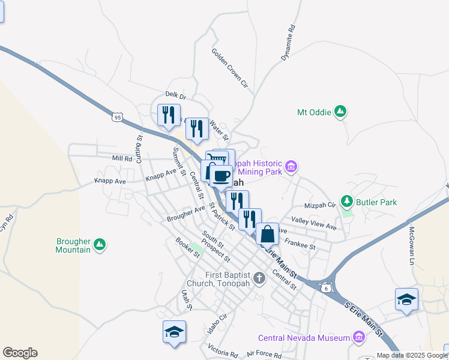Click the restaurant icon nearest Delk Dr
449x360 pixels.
(x=169, y=114)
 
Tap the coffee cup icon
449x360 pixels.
(x=221, y=176)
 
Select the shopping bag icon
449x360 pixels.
(x=268, y=233)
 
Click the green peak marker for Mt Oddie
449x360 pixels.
(x=340, y=112)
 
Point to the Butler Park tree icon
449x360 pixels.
(x=346, y=202)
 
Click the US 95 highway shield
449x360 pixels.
(x=117, y=116)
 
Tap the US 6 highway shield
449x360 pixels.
(x=325, y=287)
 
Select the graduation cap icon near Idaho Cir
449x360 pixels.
(x=174, y=332)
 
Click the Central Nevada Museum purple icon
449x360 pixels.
(x=359, y=337)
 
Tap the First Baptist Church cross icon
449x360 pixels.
(x=259, y=278)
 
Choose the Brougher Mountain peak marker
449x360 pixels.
(x=100, y=245)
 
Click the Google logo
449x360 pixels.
(x=20, y=353)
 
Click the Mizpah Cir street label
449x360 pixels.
(x=320, y=205)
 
